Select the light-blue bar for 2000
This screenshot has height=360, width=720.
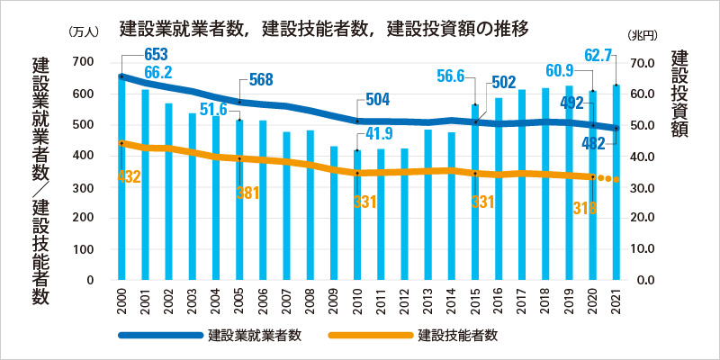(121, 180)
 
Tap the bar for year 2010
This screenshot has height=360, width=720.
(357, 216)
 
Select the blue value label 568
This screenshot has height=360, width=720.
(260, 80)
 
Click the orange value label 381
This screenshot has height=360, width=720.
(247, 193)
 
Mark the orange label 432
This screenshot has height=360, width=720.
(130, 176)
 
